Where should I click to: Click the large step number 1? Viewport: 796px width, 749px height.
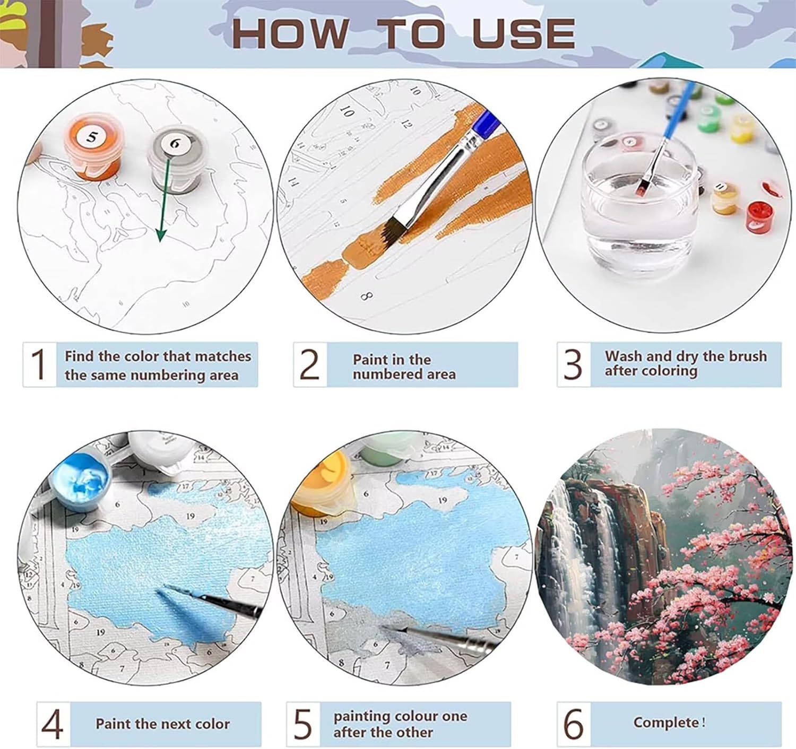39,364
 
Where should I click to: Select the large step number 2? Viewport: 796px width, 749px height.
309,364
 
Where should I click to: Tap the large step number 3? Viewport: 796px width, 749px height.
573,364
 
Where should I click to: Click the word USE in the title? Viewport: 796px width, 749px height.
524,33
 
